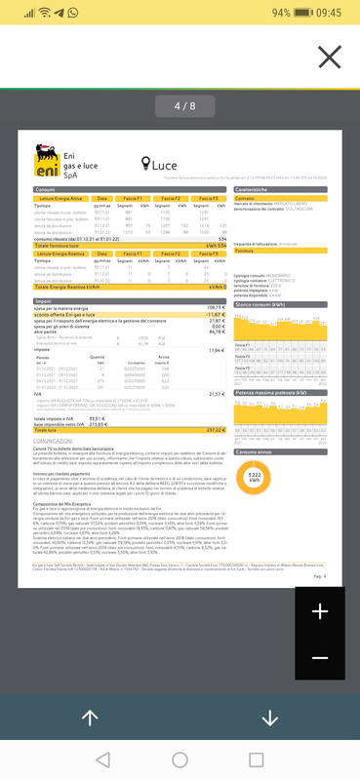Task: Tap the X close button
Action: [330, 58]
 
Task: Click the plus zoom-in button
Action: [318, 611]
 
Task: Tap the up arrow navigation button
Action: [90, 718]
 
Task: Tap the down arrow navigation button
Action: [269, 718]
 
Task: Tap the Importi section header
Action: [44, 301]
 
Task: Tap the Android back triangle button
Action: [102, 760]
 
